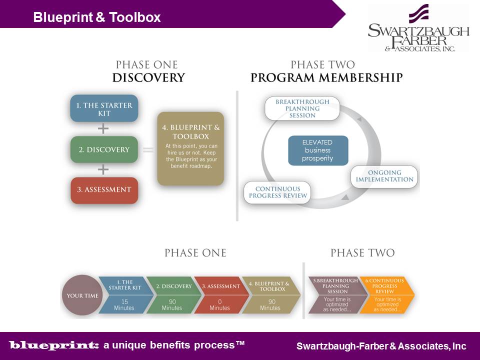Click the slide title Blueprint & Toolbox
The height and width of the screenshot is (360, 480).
pyautogui.click(x=97, y=17)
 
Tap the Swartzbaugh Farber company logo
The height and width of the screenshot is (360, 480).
pyautogui.click(x=418, y=29)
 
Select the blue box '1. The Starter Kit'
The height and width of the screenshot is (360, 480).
pyautogui.click(x=104, y=108)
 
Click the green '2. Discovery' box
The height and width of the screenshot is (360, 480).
pyautogui.click(x=104, y=149)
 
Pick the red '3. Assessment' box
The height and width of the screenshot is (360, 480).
pyautogui.click(x=104, y=190)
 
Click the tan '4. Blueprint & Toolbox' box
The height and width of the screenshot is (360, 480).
pyautogui.click(x=190, y=148)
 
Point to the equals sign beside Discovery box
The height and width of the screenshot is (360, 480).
pyautogui.click(x=148, y=149)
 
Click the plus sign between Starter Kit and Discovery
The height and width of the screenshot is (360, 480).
pyautogui.click(x=103, y=129)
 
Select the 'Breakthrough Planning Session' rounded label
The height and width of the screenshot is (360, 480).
pyautogui.click(x=302, y=108)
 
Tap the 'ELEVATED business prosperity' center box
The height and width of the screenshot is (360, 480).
pyautogui.click(x=317, y=150)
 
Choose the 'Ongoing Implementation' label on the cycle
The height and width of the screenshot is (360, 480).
pyautogui.click(x=384, y=176)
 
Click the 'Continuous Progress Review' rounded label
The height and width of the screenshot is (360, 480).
pyautogui.click(x=277, y=192)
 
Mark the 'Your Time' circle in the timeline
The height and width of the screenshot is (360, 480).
pyautogui.click(x=82, y=295)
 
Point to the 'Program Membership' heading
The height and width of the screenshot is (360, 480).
pyautogui.click(x=326, y=78)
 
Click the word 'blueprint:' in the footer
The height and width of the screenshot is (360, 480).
pyautogui.click(x=54, y=345)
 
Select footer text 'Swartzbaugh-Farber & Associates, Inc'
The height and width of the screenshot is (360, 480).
pyautogui.click(x=381, y=346)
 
